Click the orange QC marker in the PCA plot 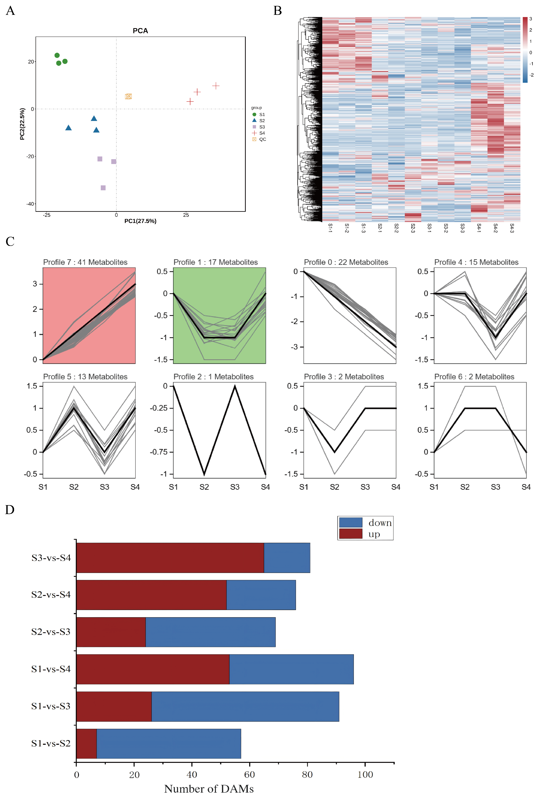click(x=128, y=96)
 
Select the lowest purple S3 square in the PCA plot click(x=103, y=188)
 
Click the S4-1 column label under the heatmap click(x=479, y=228)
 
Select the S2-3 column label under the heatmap click(x=413, y=228)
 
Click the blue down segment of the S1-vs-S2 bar click(x=169, y=743)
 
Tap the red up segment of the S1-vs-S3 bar click(x=114, y=706)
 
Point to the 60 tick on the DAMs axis click(x=249, y=775)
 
